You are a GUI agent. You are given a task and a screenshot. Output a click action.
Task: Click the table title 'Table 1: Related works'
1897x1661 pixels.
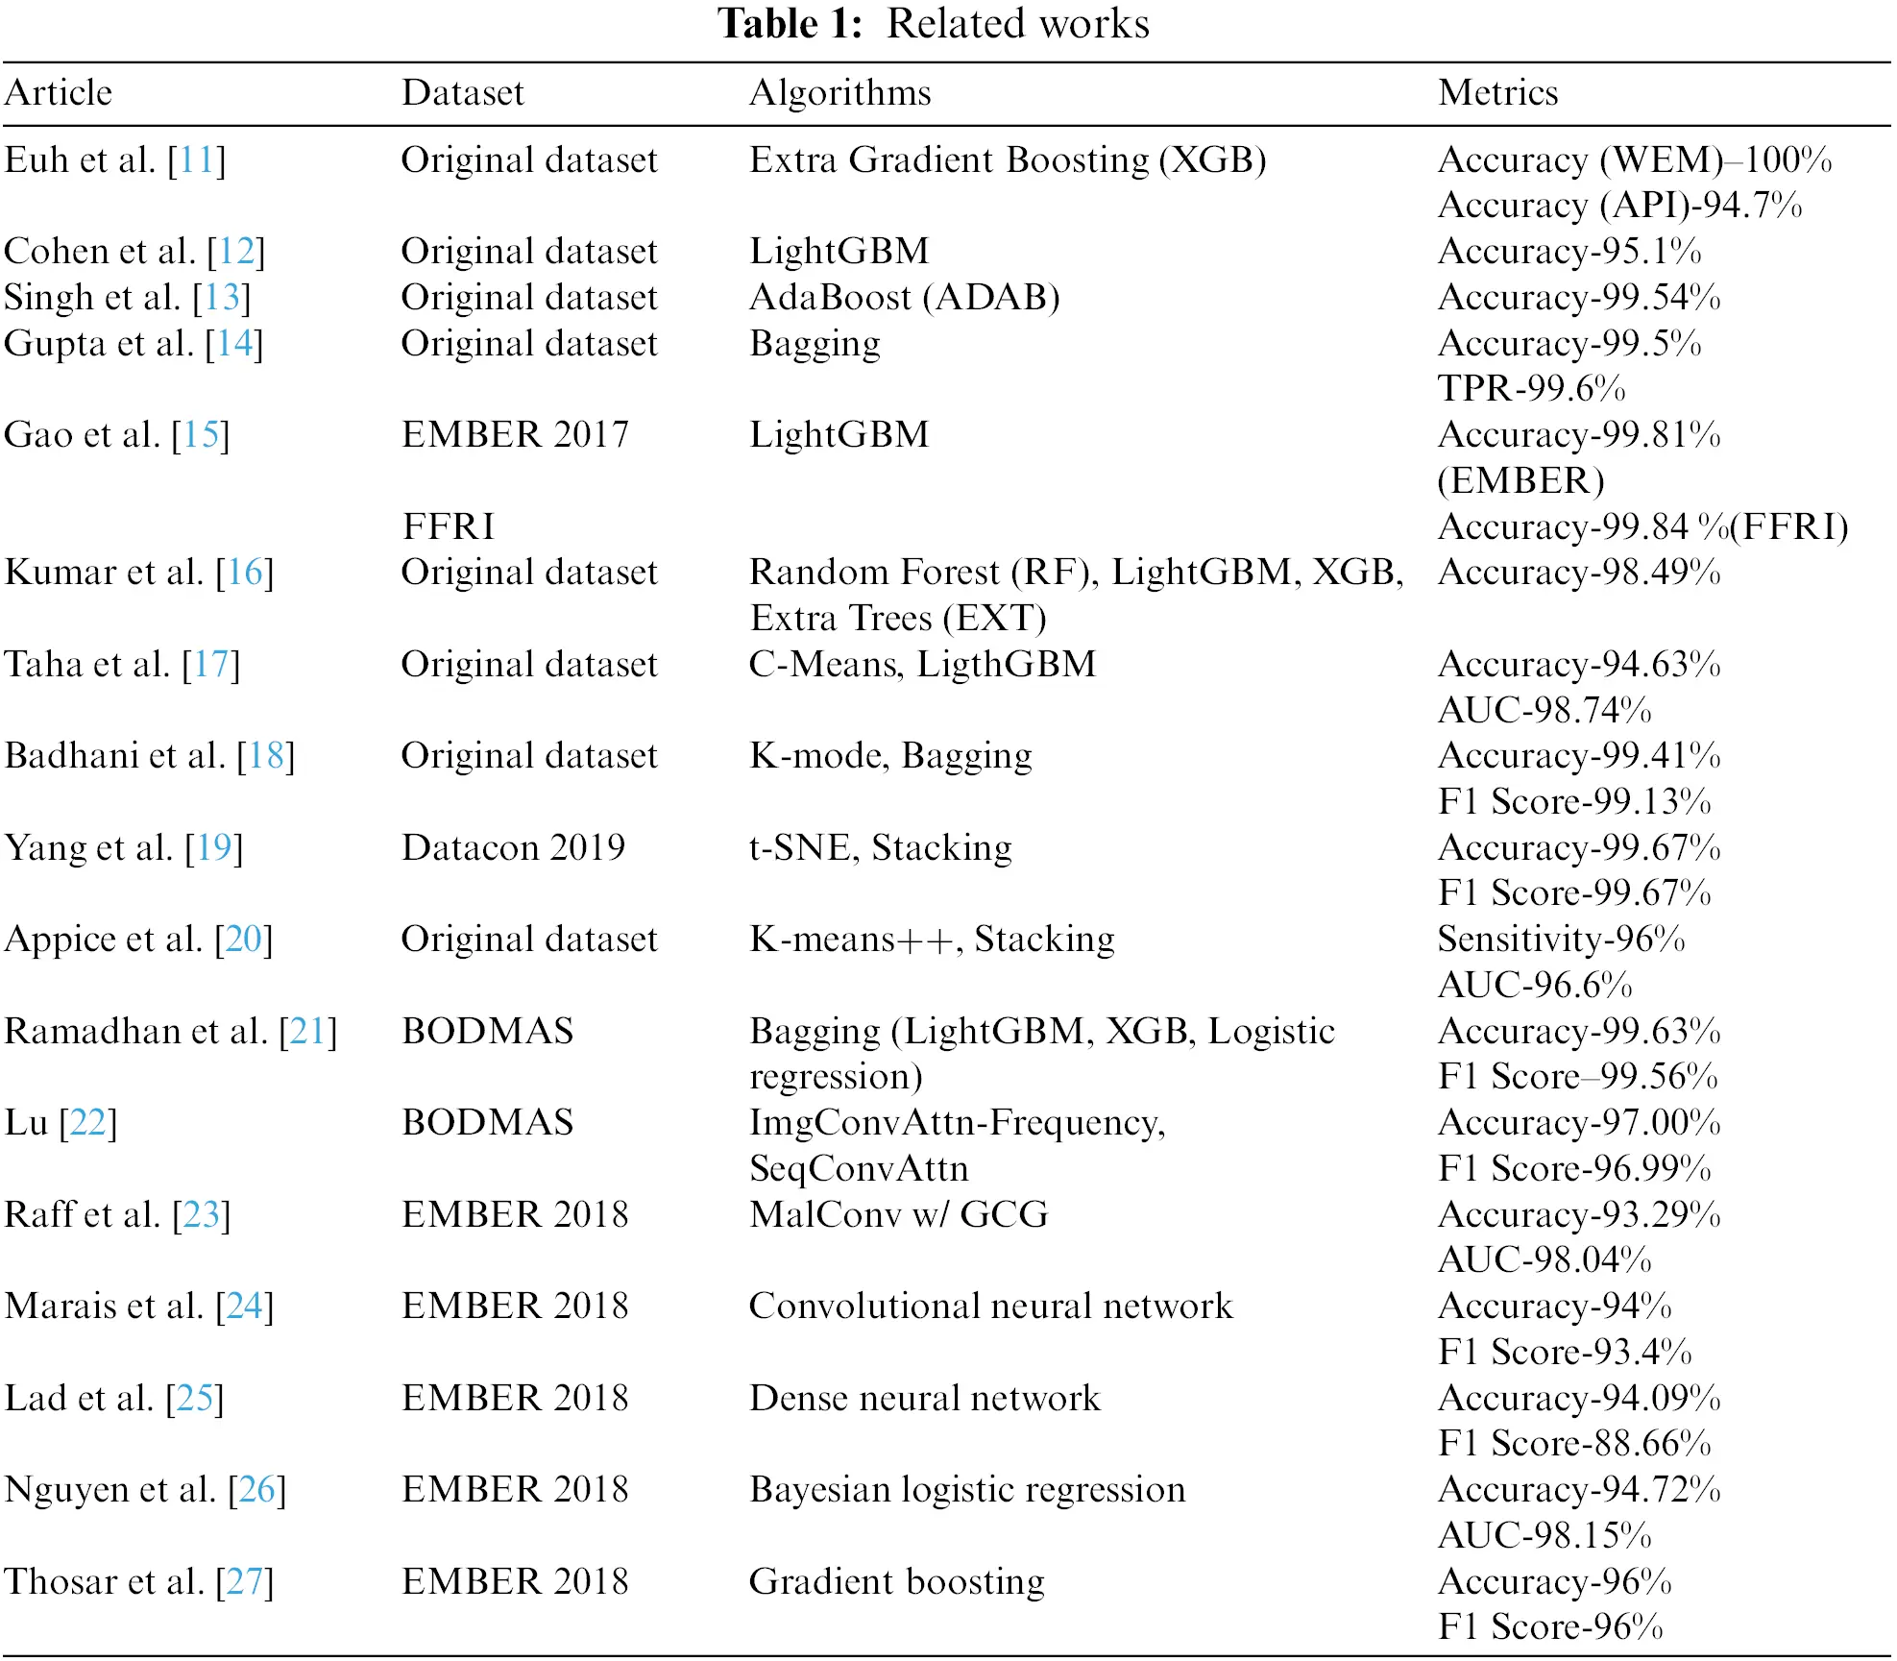click(934, 23)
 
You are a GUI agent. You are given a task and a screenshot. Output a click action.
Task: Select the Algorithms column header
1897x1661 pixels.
click(839, 92)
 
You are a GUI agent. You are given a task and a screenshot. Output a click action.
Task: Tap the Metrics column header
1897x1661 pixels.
click(1497, 92)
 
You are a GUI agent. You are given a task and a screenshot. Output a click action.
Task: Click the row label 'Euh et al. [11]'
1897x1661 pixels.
click(115, 159)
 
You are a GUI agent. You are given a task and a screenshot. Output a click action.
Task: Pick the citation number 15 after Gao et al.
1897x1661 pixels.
click(202, 435)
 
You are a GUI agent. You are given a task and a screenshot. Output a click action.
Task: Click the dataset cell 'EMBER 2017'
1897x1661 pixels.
click(515, 434)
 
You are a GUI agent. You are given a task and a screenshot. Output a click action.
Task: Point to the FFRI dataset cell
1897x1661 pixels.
click(449, 526)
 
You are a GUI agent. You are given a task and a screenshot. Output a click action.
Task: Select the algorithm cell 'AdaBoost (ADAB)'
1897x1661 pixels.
click(904, 297)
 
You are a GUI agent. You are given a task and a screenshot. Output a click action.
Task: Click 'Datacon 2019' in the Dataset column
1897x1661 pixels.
click(513, 847)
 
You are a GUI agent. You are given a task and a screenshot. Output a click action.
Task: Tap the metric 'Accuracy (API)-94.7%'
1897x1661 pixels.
click(1619, 205)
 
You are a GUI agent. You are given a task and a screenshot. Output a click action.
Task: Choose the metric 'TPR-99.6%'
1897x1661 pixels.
click(1531, 388)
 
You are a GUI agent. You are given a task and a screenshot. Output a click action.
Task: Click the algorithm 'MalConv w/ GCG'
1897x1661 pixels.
click(898, 1214)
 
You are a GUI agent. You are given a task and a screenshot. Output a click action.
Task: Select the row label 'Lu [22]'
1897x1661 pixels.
click(61, 1122)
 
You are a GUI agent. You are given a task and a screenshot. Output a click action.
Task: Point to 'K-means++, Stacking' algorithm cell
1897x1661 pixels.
click(932, 939)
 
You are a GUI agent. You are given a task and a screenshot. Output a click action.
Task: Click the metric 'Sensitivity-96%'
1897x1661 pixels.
click(1561, 939)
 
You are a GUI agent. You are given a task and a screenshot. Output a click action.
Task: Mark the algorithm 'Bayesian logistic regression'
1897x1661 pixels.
click(967, 1489)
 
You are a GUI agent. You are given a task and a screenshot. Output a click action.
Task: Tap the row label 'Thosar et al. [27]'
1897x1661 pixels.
click(139, 1581)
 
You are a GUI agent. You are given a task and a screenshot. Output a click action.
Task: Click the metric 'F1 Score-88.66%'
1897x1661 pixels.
click(1574, 1443)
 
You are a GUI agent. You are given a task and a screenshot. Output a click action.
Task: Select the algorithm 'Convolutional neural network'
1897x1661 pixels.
click(990, 1306)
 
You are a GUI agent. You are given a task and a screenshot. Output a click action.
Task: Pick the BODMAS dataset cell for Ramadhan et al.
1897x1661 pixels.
click(487, 1031)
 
